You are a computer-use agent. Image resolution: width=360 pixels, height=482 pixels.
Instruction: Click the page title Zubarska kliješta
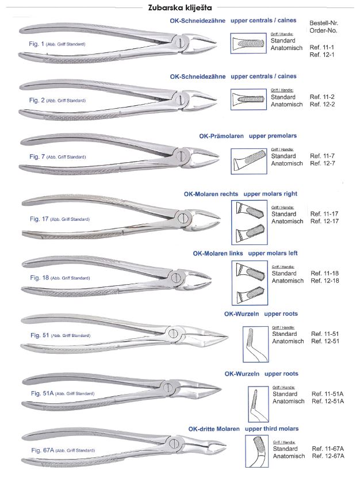179,8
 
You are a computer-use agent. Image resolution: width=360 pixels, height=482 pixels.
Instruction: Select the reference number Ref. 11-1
322,47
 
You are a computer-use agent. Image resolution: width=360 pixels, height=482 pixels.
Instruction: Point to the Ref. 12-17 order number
323,221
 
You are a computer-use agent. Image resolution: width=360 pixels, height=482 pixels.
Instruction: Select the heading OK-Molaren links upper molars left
245,253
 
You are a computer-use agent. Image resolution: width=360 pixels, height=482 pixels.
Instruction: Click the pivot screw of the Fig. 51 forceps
173,332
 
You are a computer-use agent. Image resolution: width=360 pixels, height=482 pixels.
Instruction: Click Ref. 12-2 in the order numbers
322,105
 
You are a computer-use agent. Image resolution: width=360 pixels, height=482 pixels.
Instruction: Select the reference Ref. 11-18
323,273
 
